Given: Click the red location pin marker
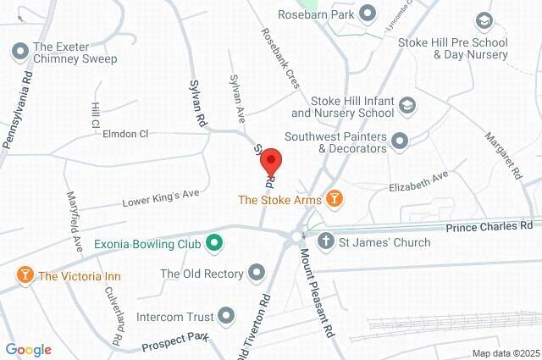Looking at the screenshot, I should click(270, 161).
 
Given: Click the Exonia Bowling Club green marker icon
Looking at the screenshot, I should click(214, 244).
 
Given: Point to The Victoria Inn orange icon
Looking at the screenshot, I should click(24, 275).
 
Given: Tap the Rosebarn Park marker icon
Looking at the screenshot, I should click(367, 13).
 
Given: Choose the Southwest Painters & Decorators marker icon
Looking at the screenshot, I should click(400, 141).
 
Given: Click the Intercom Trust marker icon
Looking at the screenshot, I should click(225, 317).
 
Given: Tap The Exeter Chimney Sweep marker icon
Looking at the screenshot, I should click(19, 52).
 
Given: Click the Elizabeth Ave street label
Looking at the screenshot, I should click(418, 181).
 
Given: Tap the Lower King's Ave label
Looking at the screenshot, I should click(160, 197).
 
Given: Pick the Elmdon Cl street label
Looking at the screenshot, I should click(124, 134).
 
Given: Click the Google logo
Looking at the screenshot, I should click(28, 350).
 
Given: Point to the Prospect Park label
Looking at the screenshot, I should click(174, 342).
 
